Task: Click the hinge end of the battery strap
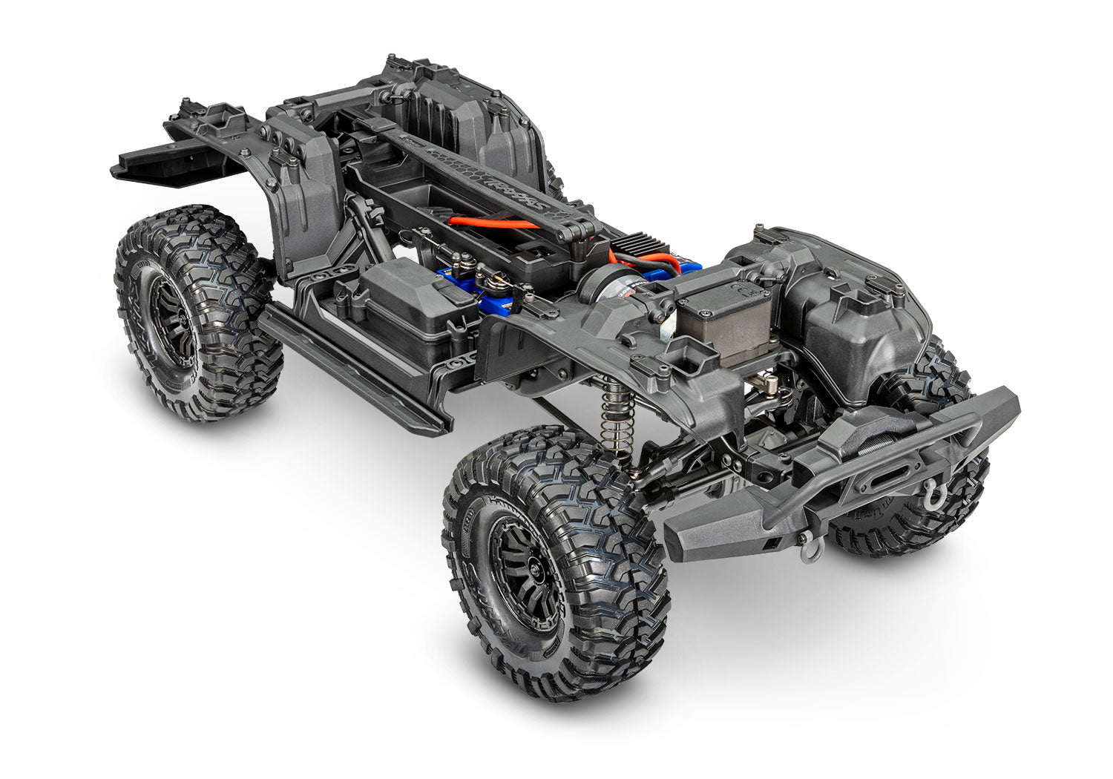click(586, 231)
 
